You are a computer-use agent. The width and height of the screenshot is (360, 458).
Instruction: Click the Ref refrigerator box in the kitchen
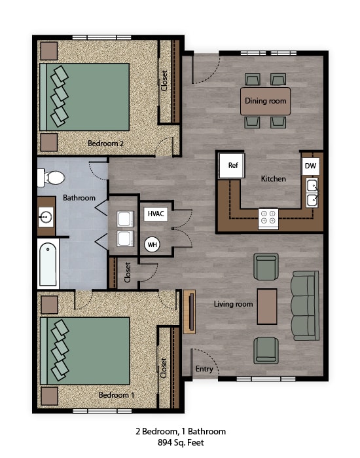[232, 166]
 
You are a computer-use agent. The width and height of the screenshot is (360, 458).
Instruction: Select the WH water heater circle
[152, 244]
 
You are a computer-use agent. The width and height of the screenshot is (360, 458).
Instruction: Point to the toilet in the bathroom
[52, 178]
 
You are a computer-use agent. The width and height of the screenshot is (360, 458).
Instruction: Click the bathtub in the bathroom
[48, 264]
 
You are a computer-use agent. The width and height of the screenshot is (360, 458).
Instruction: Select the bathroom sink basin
[45, 216]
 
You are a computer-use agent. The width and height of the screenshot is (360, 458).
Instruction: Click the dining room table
[265, 102]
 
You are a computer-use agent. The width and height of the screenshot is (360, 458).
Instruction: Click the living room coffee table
[266, 306]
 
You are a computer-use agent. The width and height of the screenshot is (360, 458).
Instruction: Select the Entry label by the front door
[204, 369]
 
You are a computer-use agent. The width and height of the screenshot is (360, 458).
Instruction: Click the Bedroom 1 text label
[116, 395]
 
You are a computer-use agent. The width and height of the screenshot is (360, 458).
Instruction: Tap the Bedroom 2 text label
[106, 142]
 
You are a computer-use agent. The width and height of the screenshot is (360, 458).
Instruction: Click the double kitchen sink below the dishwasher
[312, 191]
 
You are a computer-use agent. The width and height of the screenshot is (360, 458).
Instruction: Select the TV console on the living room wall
[189, 312]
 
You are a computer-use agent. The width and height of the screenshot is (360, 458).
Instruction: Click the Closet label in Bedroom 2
[164, 81]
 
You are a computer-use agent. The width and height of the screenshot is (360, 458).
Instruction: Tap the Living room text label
[233, 304]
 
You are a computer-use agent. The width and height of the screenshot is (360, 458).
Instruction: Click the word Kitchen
[274, 178]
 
